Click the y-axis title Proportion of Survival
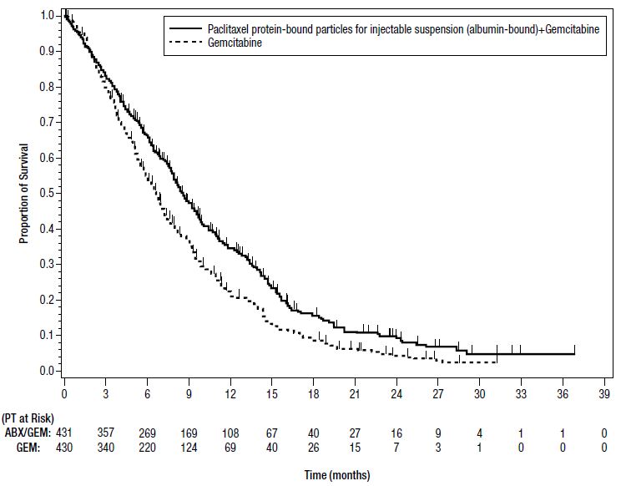24,193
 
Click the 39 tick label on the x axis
603,392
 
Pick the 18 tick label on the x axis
313,392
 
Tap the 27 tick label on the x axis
437,392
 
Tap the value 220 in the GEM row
147,448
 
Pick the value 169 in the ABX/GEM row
189,433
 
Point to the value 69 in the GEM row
230,448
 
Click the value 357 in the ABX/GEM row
106,433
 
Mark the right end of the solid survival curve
574,354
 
